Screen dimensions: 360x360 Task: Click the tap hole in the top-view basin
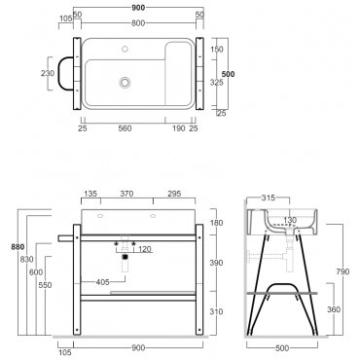(125, 50)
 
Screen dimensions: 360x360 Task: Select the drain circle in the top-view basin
(125, 82)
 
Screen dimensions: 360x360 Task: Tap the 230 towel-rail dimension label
(48, 73)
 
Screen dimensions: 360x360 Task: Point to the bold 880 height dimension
(18, 247)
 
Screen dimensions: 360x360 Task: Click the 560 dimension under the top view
(125, 128)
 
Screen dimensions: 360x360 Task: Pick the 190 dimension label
(179, 128)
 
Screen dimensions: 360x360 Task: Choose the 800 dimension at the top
(138, 23)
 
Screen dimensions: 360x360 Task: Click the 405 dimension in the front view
(102, 282)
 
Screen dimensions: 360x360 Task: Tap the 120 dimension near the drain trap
(145, 249)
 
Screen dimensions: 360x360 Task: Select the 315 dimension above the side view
(268, 198)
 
